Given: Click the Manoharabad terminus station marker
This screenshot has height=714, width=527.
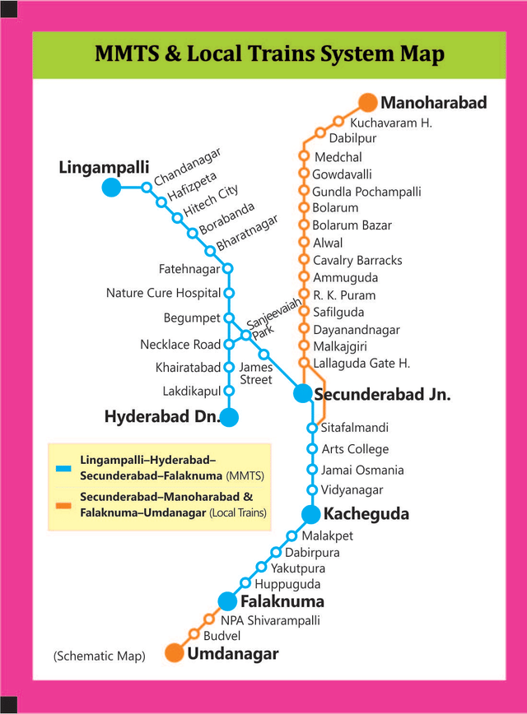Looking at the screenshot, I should pos(368,104).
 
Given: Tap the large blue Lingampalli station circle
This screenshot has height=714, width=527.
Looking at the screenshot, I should pos(111,188).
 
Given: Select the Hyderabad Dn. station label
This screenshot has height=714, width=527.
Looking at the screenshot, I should pos(161,417).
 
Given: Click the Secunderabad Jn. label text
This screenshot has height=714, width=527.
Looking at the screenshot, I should pos(382,394).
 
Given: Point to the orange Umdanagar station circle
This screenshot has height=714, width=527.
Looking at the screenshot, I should pos(174,654).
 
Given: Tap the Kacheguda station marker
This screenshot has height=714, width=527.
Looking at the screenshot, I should pos(310,515).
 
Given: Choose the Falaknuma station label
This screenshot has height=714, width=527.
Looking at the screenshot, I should pos(282,601).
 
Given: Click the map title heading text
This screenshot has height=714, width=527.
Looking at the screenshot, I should pos(269,55).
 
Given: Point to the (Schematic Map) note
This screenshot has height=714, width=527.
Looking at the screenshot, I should pos(99,656).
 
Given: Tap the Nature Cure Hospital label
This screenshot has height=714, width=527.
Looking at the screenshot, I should pos(163,293).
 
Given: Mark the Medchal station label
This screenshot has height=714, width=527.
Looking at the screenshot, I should pos(338,157).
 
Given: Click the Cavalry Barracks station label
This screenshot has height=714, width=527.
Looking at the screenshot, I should pos(357,260).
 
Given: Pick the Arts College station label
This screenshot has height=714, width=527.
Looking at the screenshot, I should pos(355,449).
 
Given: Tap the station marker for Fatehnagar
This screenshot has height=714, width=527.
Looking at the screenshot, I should pos(228,268).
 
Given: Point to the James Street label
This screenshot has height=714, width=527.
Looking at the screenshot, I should pos(255,373).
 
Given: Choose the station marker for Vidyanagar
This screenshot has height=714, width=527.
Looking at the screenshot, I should pos(312,490).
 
